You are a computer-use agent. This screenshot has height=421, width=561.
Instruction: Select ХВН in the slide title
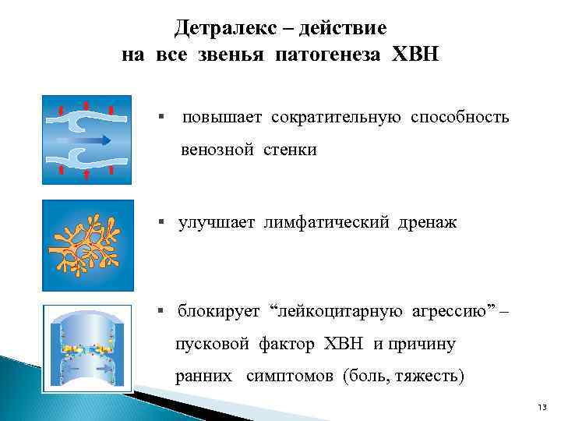[417, 55]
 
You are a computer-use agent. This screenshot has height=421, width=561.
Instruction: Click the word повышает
[223, 118]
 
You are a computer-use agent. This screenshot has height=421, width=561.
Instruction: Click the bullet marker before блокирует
[160, 312]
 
